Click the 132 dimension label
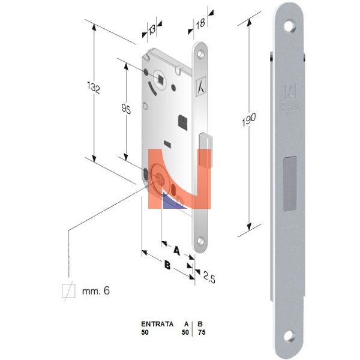tap(94, 88)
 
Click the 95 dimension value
tap(126, 109)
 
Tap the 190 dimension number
tap(248, 119)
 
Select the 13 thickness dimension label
tap(152, 29)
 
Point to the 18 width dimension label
tap(200, 23)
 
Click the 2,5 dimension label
tap(209, 277)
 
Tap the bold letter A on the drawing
tap(176, 250)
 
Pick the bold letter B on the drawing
tap(167, 265)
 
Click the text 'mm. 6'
tap(96, 290)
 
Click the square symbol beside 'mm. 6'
tap(68, 290)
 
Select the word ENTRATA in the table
tap(157, 324)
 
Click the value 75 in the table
tap(202, 332)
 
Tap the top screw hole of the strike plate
tap(290, 26)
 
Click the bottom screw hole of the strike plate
tap(289, 335)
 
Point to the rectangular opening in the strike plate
tap(290, 184)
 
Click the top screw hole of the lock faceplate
tap(200, 54)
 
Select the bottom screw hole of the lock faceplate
tap(200, 241)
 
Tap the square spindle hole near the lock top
tap(161, 79)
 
